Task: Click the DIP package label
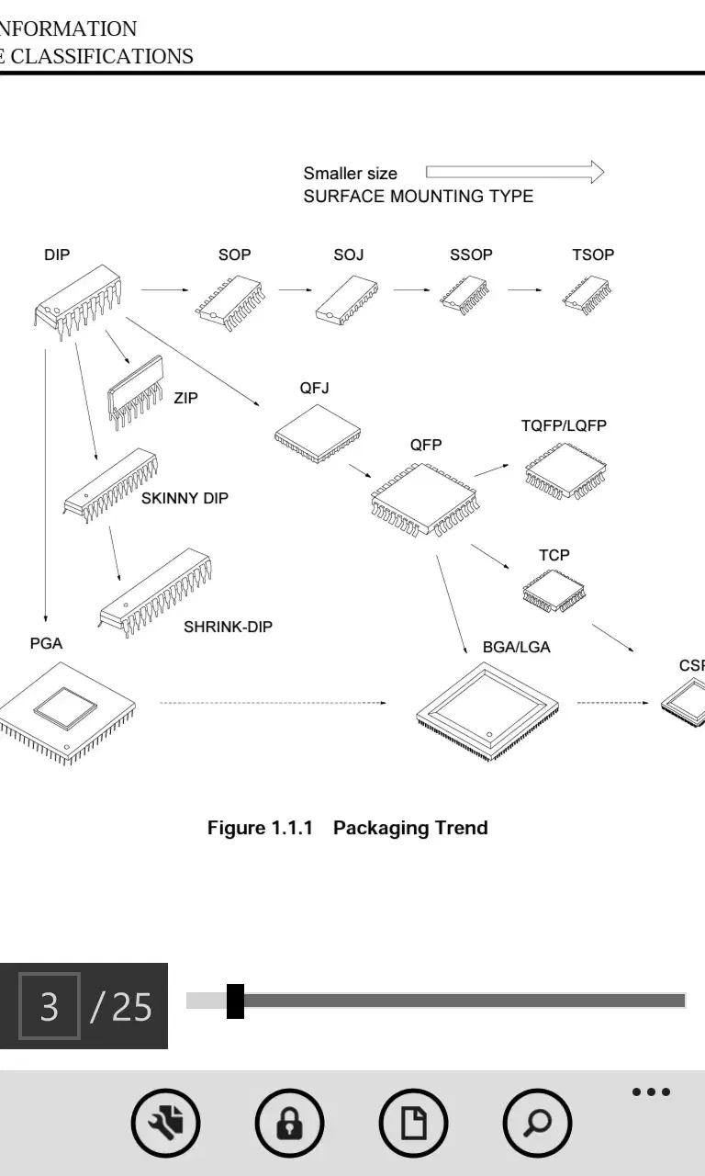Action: pos(57,254)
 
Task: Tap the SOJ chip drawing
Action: pos(346,300)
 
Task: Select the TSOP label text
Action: pos(593,254)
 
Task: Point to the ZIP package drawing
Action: pos(135,392)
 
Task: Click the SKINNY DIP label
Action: pos(185,498)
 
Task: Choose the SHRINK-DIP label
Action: pos(228,627)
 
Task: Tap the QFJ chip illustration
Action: pos(318,434)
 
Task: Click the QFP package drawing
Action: pos(425,500)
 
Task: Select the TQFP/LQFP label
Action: pos(564,425)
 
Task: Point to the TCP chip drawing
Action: pos(554,591)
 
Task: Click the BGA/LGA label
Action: pos(517,647)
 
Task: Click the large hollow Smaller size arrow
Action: pos(515,172)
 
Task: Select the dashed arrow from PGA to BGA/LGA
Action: pos(273,703)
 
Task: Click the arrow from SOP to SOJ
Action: pos(295,289)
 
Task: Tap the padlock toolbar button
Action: pos(289,1123)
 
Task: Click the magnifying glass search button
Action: pos(537,1123)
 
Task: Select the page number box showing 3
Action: pos(50,1006)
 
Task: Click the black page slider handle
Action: pos(236,1001)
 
